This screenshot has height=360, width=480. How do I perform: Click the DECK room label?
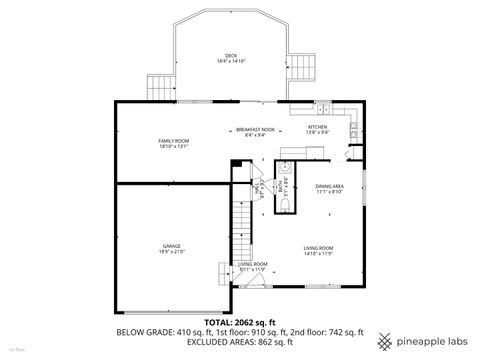[231, 55]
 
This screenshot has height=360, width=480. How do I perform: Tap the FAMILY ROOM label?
[174, 141]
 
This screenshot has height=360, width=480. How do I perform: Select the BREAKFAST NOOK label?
[256, 128]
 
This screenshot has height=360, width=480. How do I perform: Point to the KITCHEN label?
[317, 127]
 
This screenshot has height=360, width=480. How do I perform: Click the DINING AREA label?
[330, 186]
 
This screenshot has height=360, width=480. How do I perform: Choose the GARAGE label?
[172, 245]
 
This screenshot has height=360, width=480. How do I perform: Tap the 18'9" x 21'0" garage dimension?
[172, 251]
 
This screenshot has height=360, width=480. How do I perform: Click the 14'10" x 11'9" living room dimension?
[319, 253]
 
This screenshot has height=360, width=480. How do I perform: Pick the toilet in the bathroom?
[284, 204]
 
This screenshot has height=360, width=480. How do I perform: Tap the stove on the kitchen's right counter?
[354, 126]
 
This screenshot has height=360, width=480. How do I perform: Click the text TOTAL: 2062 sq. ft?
[240, 322]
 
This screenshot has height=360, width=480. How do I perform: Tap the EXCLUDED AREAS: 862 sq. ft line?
[240, 342]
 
